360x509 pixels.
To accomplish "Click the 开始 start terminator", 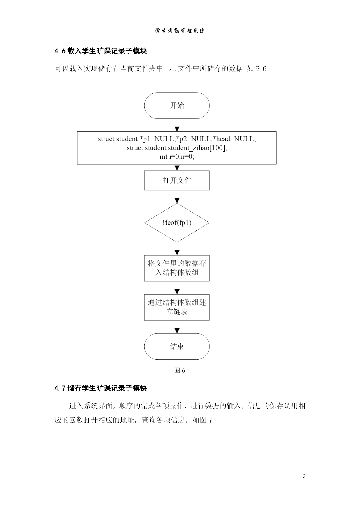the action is [x=177, y=106].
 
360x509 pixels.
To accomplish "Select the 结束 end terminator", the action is [x=177, y=346].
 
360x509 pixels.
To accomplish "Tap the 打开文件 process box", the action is [x=177, y=181].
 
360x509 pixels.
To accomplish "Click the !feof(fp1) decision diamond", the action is [x=177, y=223].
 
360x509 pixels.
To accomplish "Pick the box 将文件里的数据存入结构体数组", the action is [x=177, y=268].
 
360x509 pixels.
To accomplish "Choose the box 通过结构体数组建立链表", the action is [x=177, y=307].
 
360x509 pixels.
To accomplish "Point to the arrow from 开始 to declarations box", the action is [x=177, y=125].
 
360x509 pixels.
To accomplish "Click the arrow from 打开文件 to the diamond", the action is [x=177, y=197].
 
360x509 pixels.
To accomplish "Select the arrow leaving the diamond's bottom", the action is [x=177, y=249].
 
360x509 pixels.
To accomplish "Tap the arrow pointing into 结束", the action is [x=177, y=327].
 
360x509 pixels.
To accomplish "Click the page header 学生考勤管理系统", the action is [x=180, y=31].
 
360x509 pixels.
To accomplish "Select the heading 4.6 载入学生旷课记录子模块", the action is [x=101, y=51].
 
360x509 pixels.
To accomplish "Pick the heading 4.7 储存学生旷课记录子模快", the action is [x=101, y=388].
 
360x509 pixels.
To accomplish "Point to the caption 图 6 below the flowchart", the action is [x=180, y=371].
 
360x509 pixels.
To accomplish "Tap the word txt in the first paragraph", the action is [x=170, y=69].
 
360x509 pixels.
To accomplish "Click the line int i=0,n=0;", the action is [x=177, y=157].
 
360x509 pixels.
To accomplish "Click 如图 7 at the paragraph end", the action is [x=202, y=420].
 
